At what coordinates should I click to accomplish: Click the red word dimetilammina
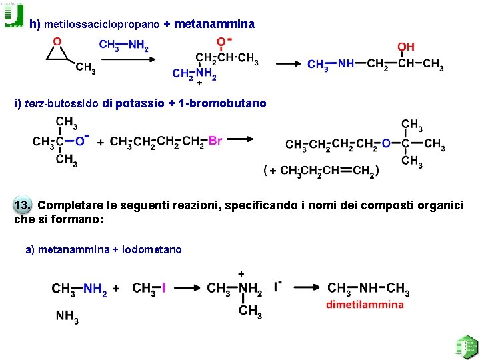point(365,305)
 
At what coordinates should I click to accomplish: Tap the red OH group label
point(406,47)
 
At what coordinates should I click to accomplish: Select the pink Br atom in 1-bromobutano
point(215,141)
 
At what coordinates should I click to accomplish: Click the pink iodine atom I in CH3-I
point(163,288)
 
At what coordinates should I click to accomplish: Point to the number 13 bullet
point(23,205)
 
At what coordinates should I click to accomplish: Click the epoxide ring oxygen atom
point(57,41)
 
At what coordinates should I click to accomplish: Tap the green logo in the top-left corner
point(13,15)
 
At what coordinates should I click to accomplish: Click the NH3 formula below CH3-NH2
point(67,317)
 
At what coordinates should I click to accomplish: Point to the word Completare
point(70,205)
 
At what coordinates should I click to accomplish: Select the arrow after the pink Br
point(241,139)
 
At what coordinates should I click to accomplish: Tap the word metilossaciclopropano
point(102,24)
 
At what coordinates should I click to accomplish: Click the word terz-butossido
point(62,103)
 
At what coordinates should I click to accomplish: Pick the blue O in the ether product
point(386,143)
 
